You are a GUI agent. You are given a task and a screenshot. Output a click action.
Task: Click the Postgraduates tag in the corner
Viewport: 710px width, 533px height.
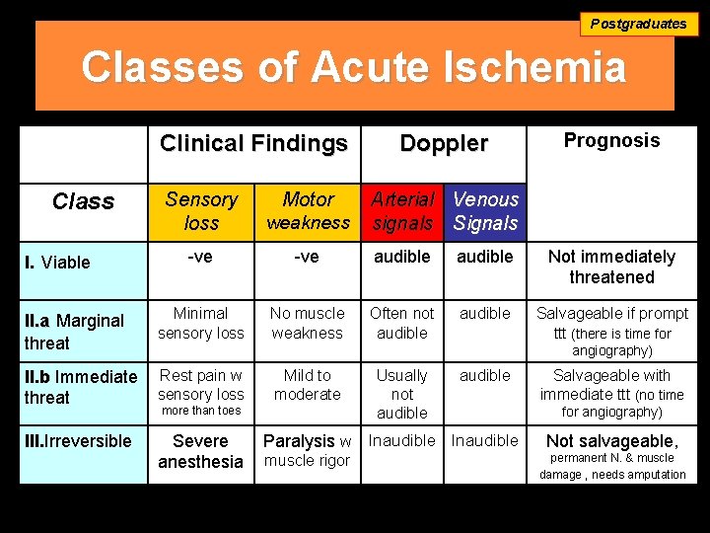tap(638, 24)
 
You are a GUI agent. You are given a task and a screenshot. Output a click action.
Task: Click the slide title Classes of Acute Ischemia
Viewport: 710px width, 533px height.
tap(353, 68)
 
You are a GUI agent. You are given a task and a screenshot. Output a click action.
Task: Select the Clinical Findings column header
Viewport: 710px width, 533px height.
tap(253, 144)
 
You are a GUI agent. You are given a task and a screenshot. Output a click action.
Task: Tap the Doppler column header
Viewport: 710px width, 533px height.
tap(444, 144)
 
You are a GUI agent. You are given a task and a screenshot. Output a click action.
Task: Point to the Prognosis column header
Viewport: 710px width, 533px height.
tap(611, 141)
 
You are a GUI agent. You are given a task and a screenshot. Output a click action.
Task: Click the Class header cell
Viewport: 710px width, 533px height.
tap(83, 202)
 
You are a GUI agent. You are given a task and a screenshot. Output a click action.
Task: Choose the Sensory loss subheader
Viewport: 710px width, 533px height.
tap(201, 211)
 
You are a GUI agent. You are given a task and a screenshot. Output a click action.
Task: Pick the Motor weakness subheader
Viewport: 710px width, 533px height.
tap(308, 211)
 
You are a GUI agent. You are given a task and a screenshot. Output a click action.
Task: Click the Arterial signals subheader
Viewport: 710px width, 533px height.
tap(402, 211)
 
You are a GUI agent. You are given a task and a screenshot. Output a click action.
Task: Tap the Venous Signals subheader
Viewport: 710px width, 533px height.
tap(485, 211)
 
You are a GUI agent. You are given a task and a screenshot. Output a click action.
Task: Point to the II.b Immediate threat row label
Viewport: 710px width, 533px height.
tap(80, 387)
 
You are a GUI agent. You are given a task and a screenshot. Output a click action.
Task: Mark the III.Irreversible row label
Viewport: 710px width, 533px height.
tap(78, 441)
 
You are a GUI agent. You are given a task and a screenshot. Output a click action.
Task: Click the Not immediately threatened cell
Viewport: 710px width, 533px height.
tap(611, 266)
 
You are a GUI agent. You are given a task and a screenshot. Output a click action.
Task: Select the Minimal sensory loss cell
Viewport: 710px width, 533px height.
tap(201, 323)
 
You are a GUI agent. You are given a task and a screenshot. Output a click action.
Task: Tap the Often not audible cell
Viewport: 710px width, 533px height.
tap(402, 323)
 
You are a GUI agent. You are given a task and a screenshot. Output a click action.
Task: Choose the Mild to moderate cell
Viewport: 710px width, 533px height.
tap(308, 385)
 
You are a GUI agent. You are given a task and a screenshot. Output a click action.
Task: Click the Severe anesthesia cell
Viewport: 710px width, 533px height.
tap(201, 451)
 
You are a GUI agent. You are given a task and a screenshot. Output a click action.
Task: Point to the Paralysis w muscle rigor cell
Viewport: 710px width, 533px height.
tap(308, 450)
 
